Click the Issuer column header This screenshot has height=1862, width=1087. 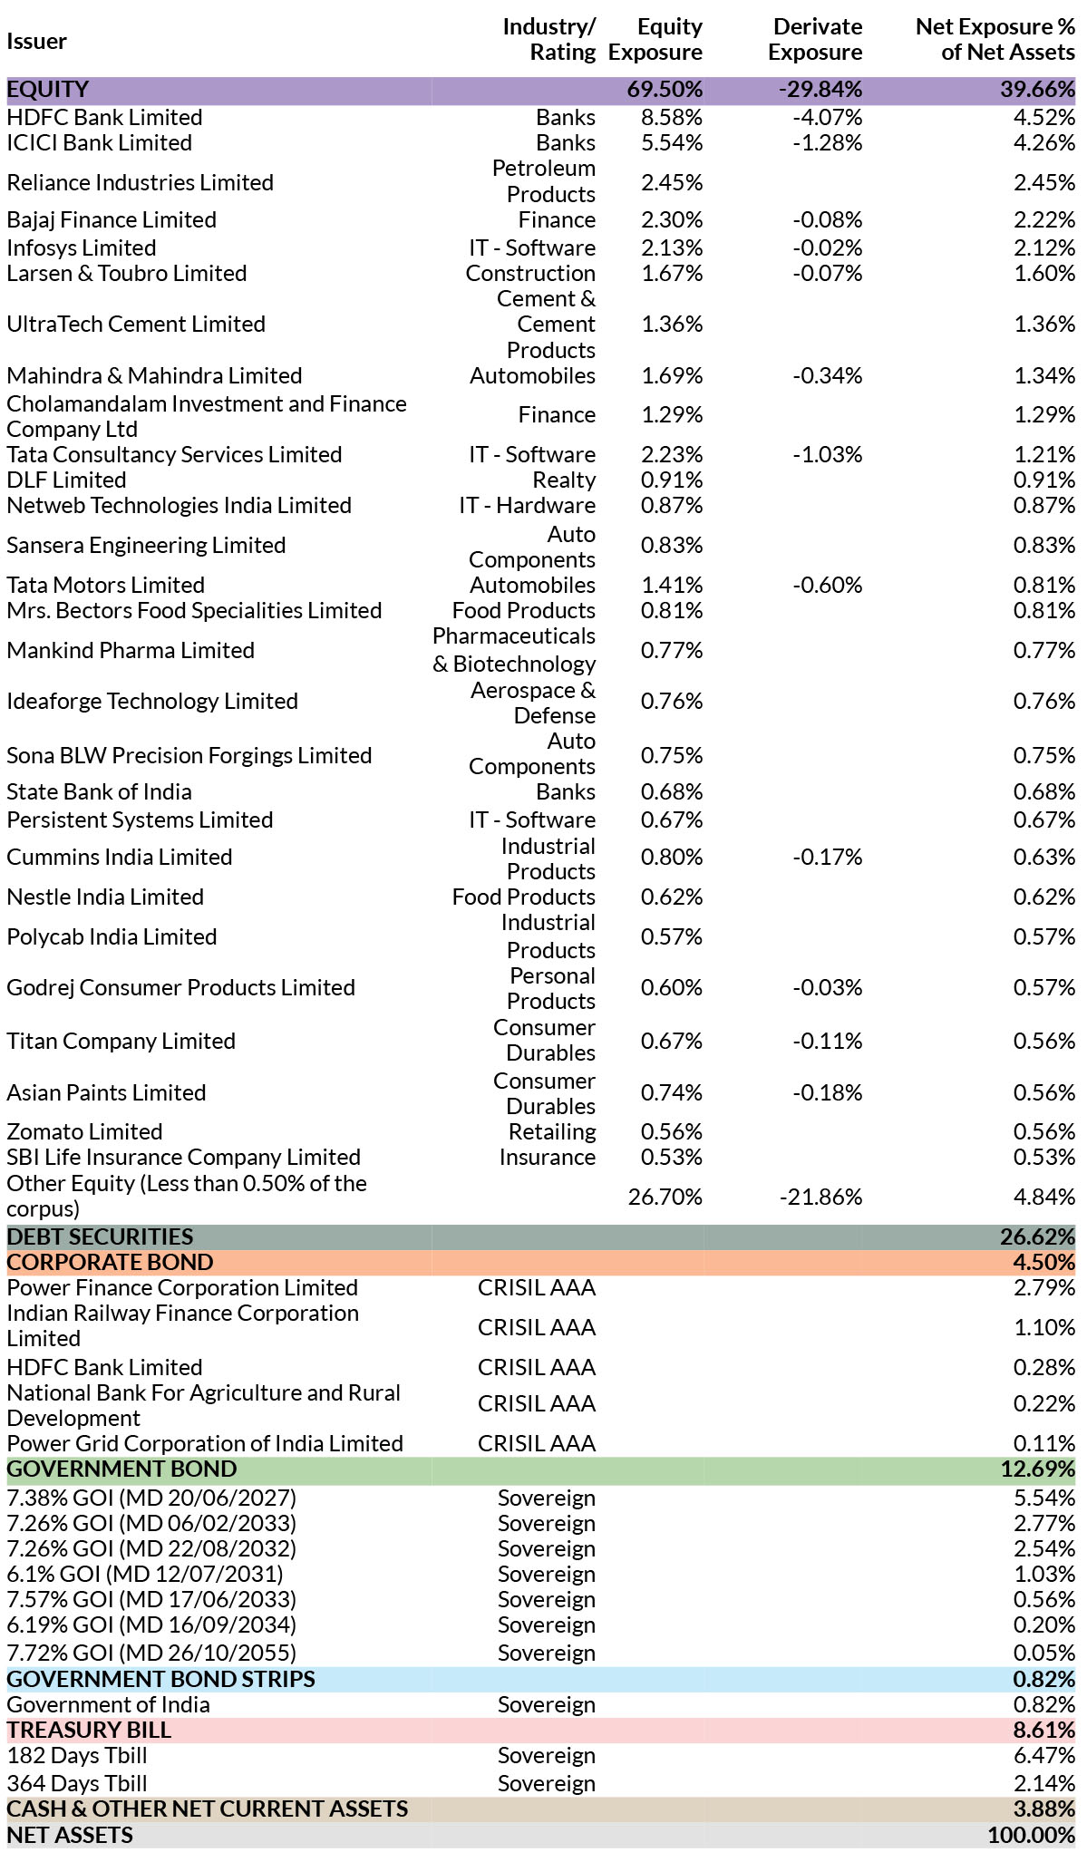pyautogui.click(x=36, y=41)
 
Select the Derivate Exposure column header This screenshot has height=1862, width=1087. pyautogui.click(x=815, y=40)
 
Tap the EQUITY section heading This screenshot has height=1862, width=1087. pyautogui.click(x=48, y=90)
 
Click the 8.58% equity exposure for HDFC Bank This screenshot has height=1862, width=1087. pyautogui.click(x=671, y=118)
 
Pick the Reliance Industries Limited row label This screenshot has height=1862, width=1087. pyautogui.click(x=140, y=182)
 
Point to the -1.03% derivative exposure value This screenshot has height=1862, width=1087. pyautogui.click(x=827, y=455)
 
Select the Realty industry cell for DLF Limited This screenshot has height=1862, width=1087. pyautogui.click(x=564, y=480)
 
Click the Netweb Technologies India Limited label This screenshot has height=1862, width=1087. pyautogui.click(x=179, y=506)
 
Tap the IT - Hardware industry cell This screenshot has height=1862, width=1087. pyautogui.click(x=527, y=506)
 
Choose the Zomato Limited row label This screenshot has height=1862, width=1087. pyautogui.click(x=84, y=1132)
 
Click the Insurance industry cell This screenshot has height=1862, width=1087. pyautogui.click(x=547, y=1158)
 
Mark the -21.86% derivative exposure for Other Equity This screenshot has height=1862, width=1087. pyautogui.click(x=820, y=1198)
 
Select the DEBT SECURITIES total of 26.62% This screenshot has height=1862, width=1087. pyautogui.click(x=1037, y=1237)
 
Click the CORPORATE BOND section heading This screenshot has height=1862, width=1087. pyautogui.click(x=110, y=1263)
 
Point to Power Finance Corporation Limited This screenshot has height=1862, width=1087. pyautogui.click(x=182, y=1288)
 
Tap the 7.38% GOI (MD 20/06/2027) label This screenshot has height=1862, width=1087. pyautogui.click(x=151, y=1498)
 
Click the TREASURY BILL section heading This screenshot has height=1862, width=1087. pyautogui.click(x=89, y=1731)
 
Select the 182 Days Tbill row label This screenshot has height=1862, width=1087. pyautogui.click(x=77, y=1756)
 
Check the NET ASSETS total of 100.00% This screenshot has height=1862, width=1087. pyautogui.click(x=1031, y=1836)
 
